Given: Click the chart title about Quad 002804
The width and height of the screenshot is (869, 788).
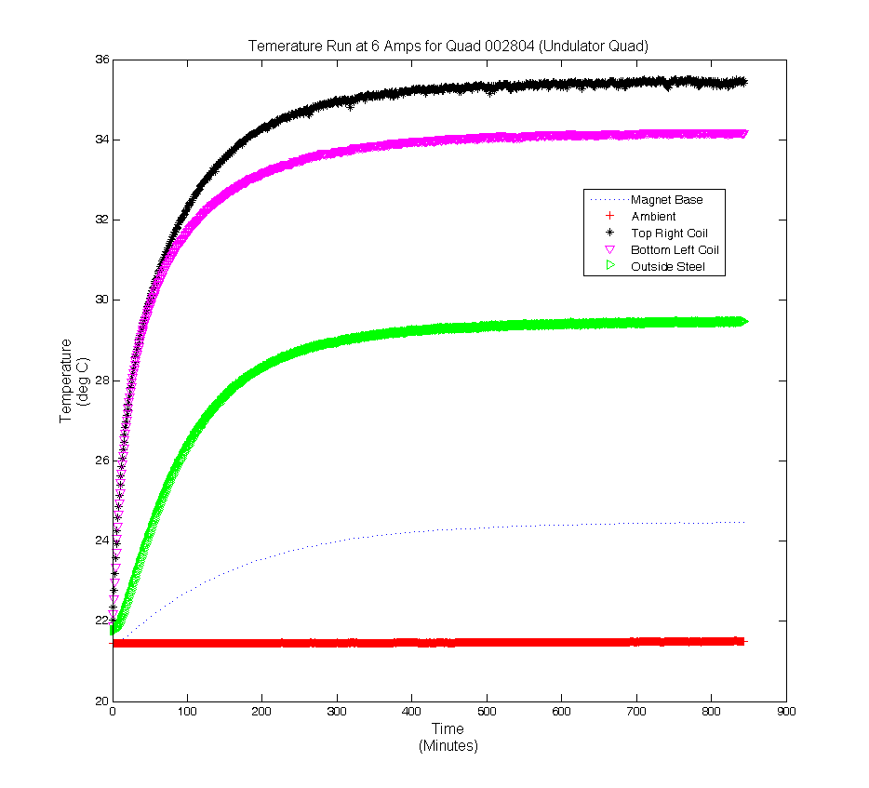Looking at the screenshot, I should (x=448, y=46).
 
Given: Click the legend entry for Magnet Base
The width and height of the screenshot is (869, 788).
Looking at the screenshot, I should (x=666, y=199).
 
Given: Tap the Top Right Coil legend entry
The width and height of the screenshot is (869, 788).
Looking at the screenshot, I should (x=675, y=233).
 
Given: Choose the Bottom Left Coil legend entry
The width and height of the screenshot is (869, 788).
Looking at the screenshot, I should (x=675, y=249).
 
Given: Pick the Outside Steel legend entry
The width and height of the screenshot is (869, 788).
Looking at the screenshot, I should (x=667, y=266).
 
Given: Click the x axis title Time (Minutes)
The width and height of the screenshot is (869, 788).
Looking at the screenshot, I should (x=448, y=738).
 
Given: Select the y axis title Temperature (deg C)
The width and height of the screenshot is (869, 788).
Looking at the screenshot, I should (x=73, y=381).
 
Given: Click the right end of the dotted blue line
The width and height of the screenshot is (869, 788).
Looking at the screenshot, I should (x=744, y=523).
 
